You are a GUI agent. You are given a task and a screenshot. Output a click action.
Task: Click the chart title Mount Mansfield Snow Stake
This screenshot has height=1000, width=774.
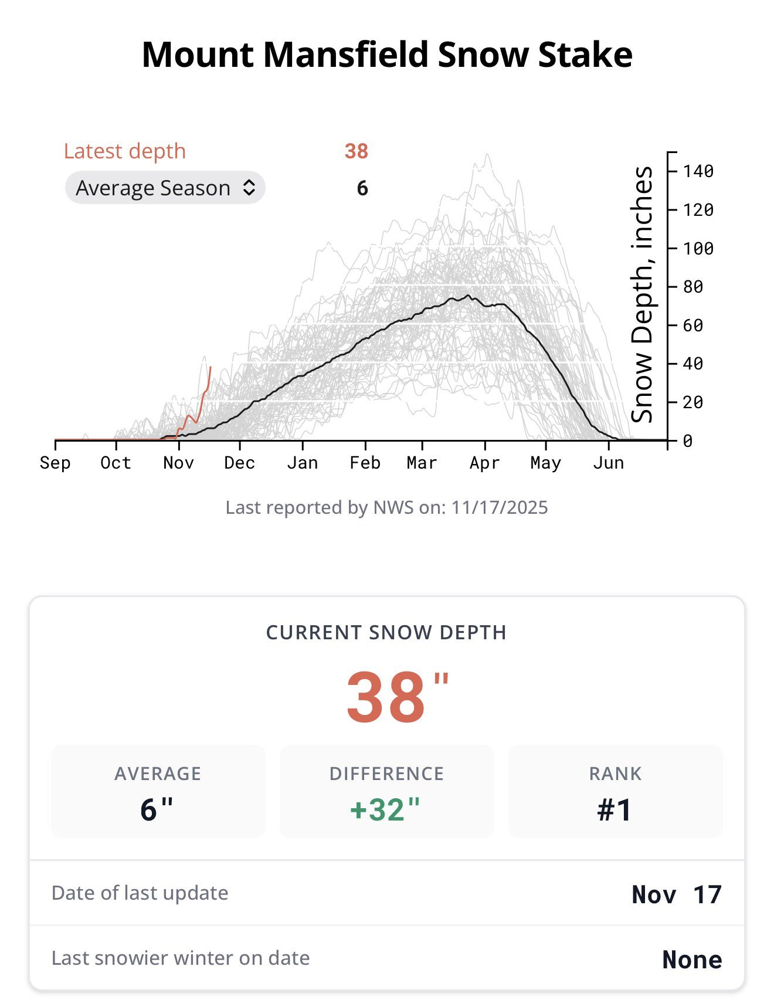point(387,55)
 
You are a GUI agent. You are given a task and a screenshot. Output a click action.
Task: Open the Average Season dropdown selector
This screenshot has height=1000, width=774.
point(165,188)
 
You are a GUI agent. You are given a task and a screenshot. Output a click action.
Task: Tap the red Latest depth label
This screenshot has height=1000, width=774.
point(124,151)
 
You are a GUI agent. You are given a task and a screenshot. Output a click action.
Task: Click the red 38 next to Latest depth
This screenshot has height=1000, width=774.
point(356,151)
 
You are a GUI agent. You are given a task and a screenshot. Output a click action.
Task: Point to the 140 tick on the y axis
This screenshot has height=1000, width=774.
point(698,171)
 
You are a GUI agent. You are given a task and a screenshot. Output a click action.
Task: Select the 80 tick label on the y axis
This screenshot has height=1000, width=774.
point(692,287)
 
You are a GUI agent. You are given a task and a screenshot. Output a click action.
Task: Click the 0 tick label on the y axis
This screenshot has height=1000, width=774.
point(688,440)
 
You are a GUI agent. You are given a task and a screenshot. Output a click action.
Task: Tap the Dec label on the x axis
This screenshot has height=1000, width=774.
point(239,463)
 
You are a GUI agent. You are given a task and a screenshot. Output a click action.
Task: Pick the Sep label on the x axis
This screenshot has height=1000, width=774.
point(55,463)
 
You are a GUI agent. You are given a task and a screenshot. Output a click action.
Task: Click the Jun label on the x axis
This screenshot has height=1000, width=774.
point(608,463)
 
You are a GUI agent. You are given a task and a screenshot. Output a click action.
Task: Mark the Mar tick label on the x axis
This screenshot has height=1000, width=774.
point(422,463)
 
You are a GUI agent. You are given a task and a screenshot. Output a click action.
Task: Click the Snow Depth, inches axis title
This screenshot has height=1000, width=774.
point(642,294)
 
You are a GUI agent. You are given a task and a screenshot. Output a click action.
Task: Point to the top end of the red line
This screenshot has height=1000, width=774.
point(211,368)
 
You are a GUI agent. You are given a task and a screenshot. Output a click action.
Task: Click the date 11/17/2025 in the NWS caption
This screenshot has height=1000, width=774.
point(499,507)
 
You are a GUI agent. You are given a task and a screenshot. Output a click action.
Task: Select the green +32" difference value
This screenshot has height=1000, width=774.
point(385,809)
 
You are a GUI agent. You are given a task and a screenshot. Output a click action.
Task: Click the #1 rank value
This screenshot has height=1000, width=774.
point(615,809)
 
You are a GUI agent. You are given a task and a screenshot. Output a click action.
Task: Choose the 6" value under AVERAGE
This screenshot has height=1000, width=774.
point(157,809)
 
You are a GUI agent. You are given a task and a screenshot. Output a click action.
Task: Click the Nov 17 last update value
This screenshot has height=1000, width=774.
point(676,894)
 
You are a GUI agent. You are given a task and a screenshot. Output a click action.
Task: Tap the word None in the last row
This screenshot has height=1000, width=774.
point(692,960)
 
